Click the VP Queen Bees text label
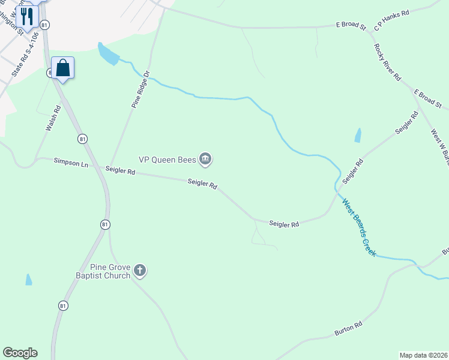click(167, 160)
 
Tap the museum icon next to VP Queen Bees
click(205, 159)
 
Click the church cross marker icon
click(140, 271)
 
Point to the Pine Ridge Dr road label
click(140, 89)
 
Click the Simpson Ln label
click(71, 162)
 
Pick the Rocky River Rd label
click(387, 62)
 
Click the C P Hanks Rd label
click(391, 20)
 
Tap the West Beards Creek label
click(359, 227)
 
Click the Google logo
click(20, 353)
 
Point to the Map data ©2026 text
click(423, 355)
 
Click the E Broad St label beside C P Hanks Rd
click(351, 26)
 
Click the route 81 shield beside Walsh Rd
click(82, 139)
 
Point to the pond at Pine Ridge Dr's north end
click(109, 55)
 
